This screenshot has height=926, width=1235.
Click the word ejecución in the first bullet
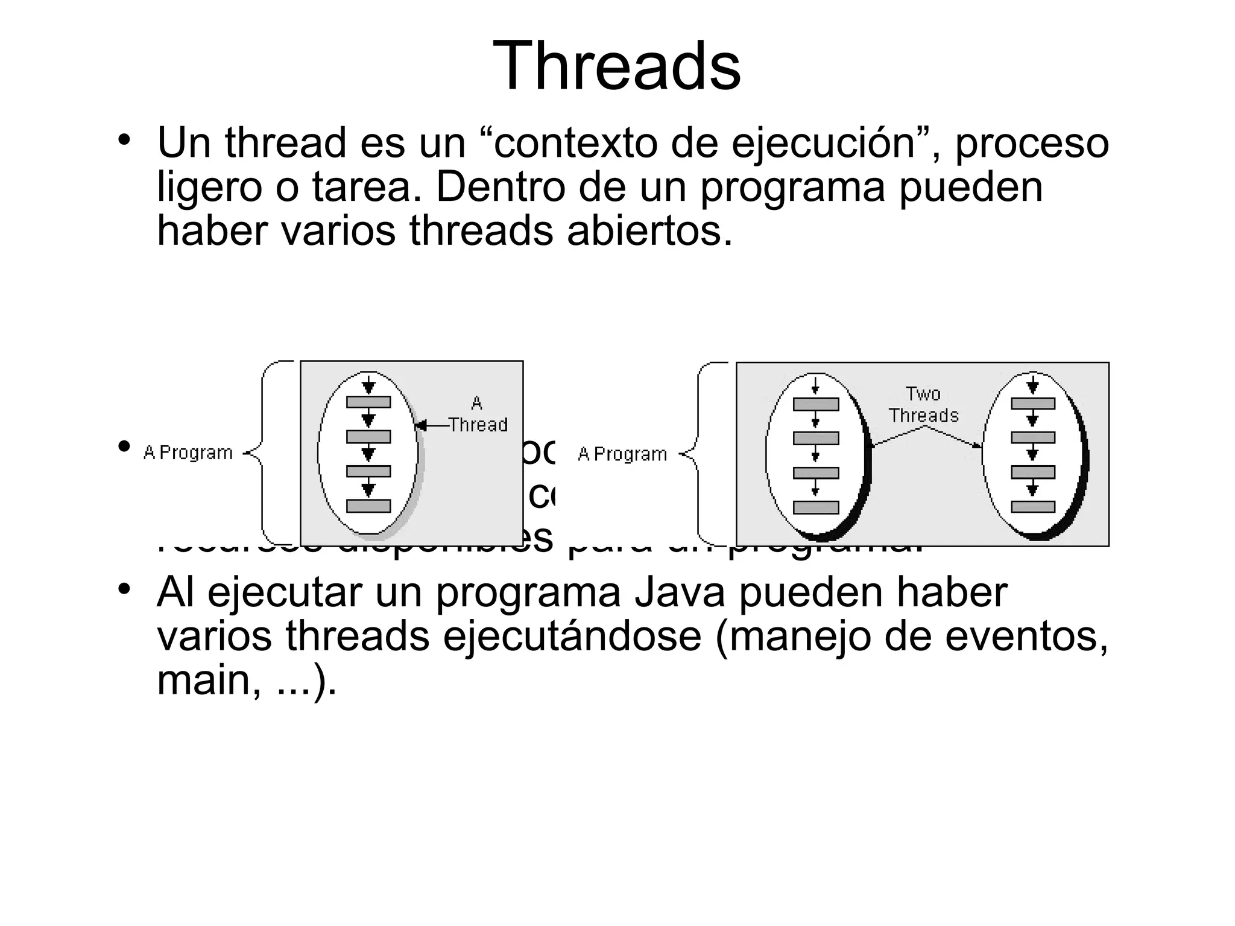(823, 144)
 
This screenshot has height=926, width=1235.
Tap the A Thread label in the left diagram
(477, 414)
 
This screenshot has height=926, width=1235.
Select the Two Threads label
(923, 405)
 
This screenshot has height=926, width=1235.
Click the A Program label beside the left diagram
(188, 452)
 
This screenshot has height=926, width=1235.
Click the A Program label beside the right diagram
(622, 454)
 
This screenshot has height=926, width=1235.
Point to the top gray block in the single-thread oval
(368, 402)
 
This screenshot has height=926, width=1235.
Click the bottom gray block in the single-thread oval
(368, 506)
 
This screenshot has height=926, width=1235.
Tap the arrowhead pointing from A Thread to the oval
(421, 426)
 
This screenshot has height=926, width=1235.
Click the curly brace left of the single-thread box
(261, 453)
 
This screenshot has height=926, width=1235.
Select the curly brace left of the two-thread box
(696, 454)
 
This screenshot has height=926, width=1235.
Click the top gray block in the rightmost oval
(1033, 403)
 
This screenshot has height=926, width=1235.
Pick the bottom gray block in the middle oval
(815, 507)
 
